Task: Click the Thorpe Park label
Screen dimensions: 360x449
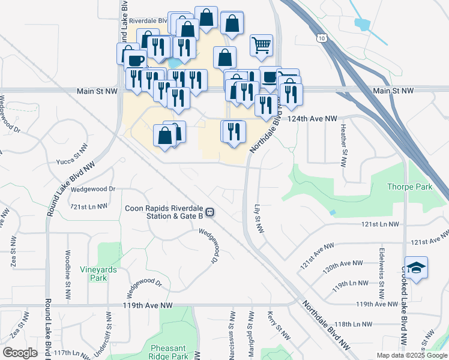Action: [x=410, y=187]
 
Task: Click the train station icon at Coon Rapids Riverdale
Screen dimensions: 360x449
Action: [x=210, y=212]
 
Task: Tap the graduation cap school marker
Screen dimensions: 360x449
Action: [x=415, y=268]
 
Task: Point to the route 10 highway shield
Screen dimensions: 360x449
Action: [x=323, y=38]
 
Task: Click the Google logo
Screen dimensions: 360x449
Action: [x=20, y=353]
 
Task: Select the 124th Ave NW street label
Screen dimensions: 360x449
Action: [x=312, y=119]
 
